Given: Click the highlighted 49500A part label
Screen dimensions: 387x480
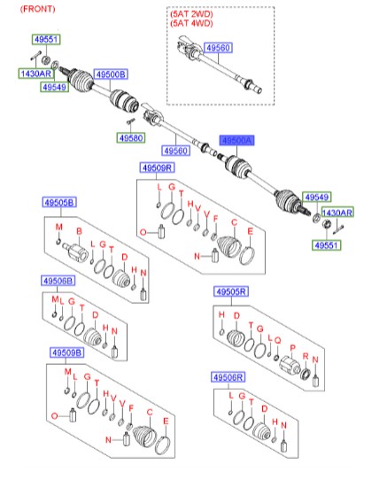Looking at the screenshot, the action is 236,141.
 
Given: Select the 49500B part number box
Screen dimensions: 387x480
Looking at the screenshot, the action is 111,74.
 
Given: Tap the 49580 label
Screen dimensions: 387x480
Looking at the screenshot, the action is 131,138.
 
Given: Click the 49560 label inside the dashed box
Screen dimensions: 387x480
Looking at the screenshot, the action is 218,48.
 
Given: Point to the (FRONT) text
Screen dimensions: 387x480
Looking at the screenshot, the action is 38,9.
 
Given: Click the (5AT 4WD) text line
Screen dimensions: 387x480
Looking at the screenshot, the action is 191,23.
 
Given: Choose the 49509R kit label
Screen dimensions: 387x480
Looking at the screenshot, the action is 158,168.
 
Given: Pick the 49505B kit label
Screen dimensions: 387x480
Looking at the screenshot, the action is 59,203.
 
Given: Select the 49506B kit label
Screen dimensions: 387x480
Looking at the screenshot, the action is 58,281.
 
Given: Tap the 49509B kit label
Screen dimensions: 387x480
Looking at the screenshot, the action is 66,353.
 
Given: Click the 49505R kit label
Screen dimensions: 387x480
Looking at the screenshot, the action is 231,291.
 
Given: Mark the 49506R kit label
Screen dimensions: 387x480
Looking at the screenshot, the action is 228,377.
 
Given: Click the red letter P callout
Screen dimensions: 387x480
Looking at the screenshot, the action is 293,348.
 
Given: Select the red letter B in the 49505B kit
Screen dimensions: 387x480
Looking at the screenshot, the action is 79,231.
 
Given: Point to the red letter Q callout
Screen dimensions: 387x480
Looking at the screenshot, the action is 277,340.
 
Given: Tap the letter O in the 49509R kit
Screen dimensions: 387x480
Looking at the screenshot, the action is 143,232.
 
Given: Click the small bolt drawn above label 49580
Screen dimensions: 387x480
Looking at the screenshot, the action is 131,121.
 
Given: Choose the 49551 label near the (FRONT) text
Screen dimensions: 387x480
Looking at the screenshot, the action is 46,40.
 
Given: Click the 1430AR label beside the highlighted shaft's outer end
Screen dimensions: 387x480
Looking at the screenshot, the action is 337,213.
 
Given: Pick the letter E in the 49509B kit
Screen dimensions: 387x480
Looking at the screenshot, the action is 166,422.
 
